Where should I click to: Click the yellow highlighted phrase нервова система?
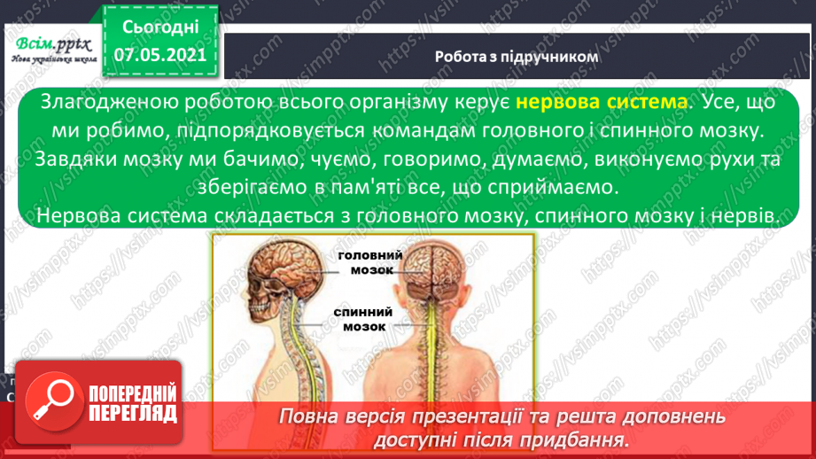601,104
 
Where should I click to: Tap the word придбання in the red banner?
587,439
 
